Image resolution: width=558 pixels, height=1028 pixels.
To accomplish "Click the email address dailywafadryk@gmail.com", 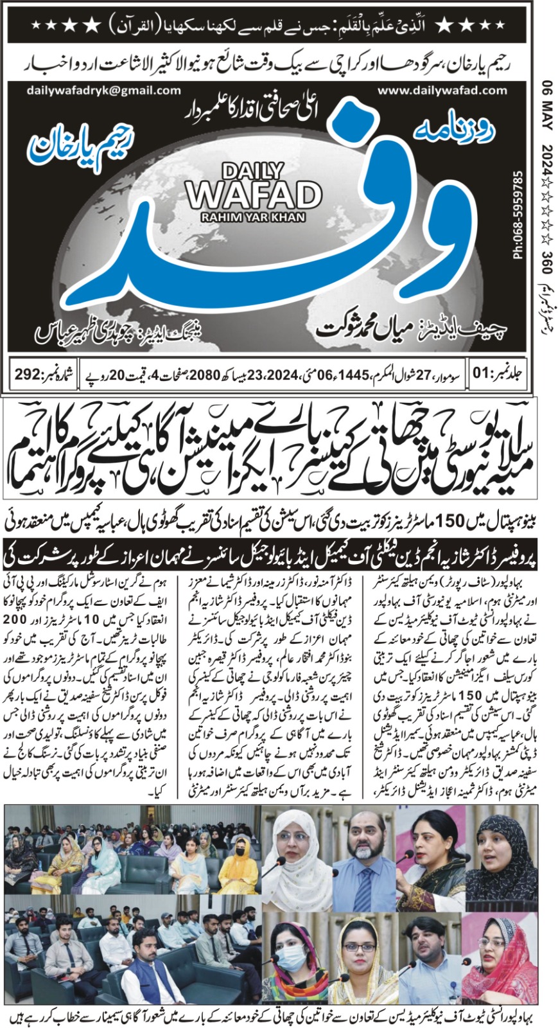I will [103, 91].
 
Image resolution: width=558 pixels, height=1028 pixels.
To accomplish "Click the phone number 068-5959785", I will [518, 213].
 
